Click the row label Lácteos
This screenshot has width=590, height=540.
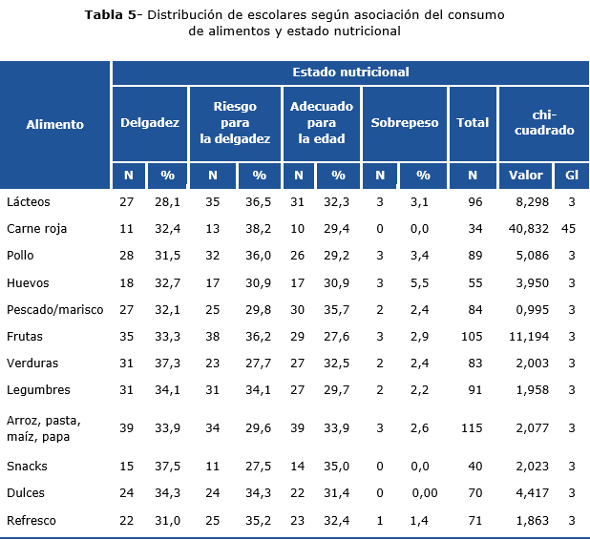coord(28,202)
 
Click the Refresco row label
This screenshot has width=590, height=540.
coord(32,520)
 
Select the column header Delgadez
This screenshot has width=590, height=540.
coord(150,123)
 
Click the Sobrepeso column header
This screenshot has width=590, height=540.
coord(404,123)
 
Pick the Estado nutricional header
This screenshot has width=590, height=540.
coord(350,73)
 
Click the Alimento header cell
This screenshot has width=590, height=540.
coord(55,124)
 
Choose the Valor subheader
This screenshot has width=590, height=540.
coord(526,176)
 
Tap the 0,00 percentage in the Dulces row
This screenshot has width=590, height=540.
coord(425,493)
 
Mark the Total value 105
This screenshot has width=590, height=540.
coord(473,337)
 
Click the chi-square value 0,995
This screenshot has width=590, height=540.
coord(531,310)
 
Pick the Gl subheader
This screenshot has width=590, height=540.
coord(571,176)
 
